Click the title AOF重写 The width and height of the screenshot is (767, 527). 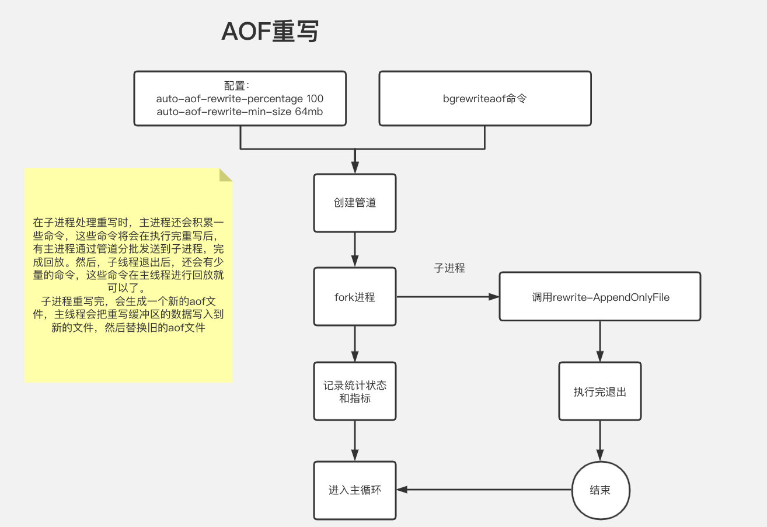[270, 32]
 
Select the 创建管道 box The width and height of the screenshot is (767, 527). [355, 203]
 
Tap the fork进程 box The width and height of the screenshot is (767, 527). [355, 297]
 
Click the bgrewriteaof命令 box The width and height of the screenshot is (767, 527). [484, 98]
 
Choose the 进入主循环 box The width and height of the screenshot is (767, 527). [355, 490]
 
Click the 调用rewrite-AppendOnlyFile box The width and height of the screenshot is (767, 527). [600, 297]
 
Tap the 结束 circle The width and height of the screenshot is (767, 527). [600, 490]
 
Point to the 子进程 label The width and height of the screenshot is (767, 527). [449, 269]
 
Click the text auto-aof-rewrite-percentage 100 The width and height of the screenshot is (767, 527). [240, 98]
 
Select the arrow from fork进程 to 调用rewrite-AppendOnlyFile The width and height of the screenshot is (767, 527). [447, 297]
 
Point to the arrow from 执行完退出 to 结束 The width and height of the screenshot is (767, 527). [600, 441]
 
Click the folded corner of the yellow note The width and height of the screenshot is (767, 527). [226, 175]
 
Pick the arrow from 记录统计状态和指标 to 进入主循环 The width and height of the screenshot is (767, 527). [355, 441]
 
